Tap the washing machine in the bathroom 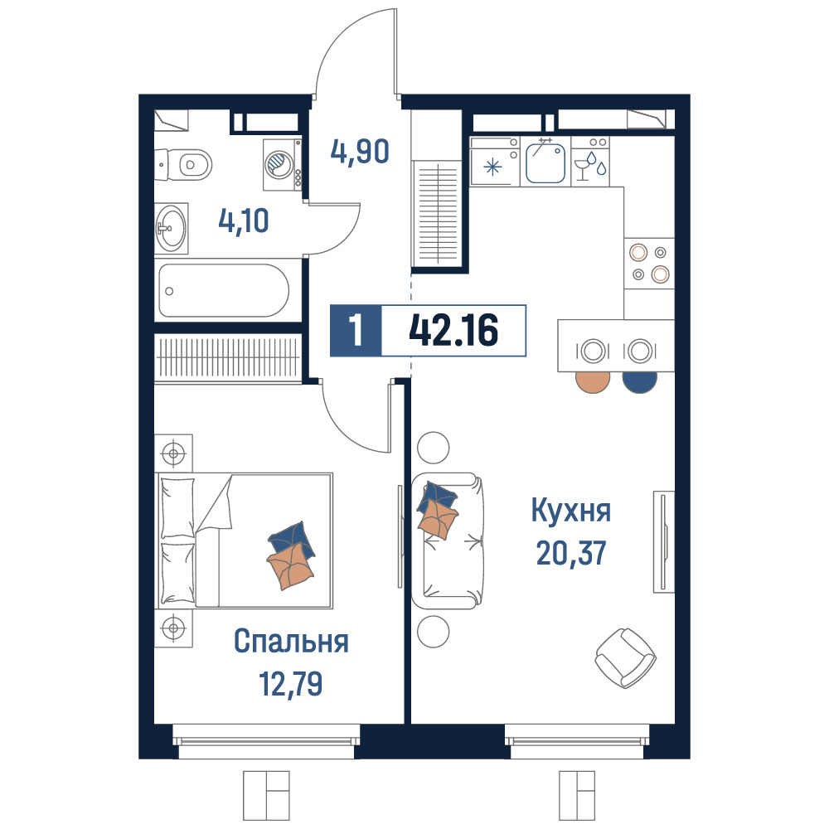(283, 164)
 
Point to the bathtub (224, 290)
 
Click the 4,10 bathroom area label (244, 221)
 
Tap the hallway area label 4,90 (360, 152)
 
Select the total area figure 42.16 (453, 330)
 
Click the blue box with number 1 (356, 331)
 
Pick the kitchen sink (545, 162)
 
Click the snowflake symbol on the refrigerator (492, 167)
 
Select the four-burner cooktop (649, 264)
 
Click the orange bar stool (593, 381)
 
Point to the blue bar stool (640, 381)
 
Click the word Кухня (571, 511)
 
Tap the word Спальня (291, 642)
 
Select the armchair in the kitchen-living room (625, 658)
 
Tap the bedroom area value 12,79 (291, 683)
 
